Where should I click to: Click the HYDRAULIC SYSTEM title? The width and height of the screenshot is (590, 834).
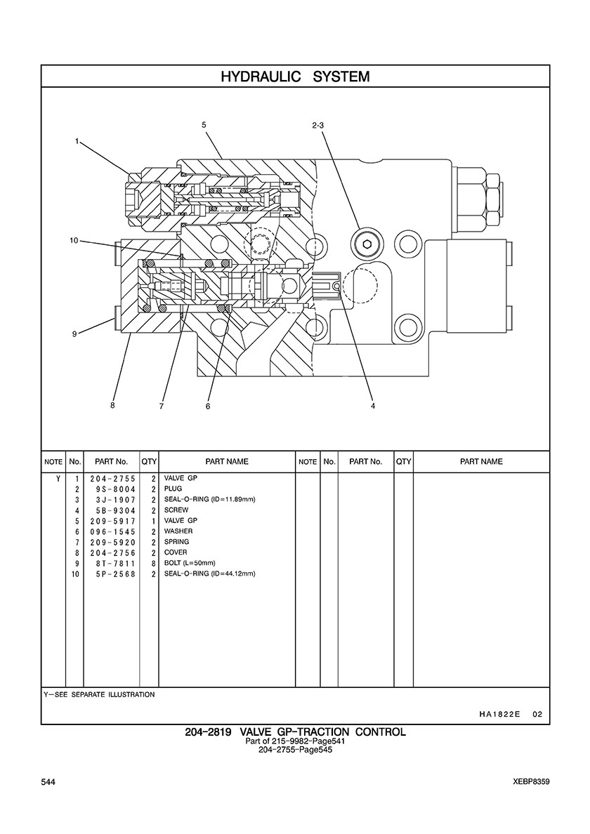[295, 77]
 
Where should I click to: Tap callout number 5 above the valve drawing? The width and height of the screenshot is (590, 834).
[204, 125]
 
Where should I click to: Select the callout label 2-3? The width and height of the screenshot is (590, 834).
[317, 126]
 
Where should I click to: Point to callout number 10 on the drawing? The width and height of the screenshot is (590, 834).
[74, 240]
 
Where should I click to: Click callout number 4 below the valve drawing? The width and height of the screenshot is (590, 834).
[373, 406]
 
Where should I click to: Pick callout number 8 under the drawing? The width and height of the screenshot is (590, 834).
[112, 405]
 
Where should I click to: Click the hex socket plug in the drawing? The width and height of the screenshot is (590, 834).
[367, 244]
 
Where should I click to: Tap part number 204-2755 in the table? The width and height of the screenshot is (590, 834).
[113, 478]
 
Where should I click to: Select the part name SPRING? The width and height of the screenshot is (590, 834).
[176, 542]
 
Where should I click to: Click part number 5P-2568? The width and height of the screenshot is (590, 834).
[113, 574]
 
